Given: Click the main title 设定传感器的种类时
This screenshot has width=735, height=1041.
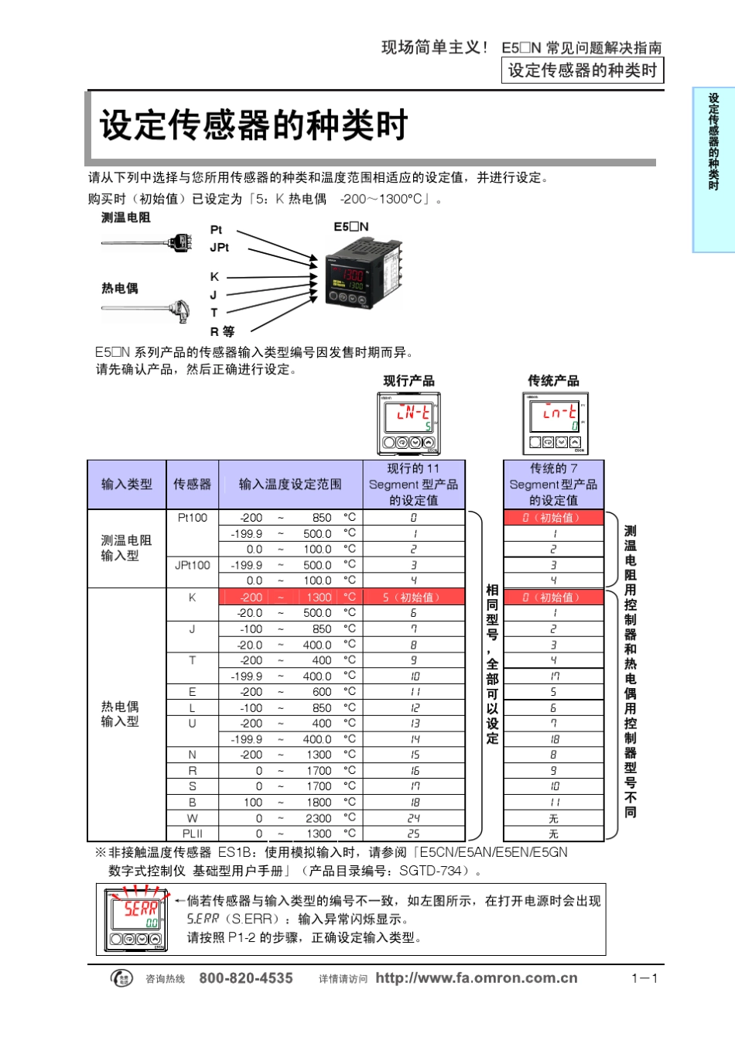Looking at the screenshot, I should [x=253, y=125].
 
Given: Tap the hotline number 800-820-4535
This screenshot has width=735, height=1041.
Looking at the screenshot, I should [x=246, y=978].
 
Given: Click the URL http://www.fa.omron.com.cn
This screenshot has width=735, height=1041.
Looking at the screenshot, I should [x=477, y=978].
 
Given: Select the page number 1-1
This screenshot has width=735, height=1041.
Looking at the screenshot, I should [x=644, y=978].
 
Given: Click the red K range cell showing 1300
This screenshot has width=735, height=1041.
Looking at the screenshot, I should [x=319, y=598].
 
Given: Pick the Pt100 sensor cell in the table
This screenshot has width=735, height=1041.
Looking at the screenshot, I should [x=193, y=518].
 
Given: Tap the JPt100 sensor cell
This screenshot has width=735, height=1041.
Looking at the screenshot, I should [x=193, y=565].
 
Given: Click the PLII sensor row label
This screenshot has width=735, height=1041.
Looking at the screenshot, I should [x=193, y=834].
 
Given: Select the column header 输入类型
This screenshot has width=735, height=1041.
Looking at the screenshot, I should [x=127, y=485].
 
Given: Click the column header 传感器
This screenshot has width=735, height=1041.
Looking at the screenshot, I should [x=192, y=485].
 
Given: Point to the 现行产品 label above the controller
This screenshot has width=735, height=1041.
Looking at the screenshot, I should [x=409, y=381].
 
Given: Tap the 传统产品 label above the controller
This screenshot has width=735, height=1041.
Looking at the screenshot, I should [x=553, y=381].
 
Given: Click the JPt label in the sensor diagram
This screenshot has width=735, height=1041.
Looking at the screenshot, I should [x=220, y=248].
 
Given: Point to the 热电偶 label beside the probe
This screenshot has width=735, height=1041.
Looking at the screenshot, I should [x=120, y=289].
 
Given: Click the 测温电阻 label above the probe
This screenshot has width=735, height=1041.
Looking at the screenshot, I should [x=126, y=217].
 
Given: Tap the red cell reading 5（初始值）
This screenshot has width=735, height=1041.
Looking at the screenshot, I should [x=413, y=598].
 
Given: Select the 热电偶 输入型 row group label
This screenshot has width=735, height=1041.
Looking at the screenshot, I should [x=120, y=714].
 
